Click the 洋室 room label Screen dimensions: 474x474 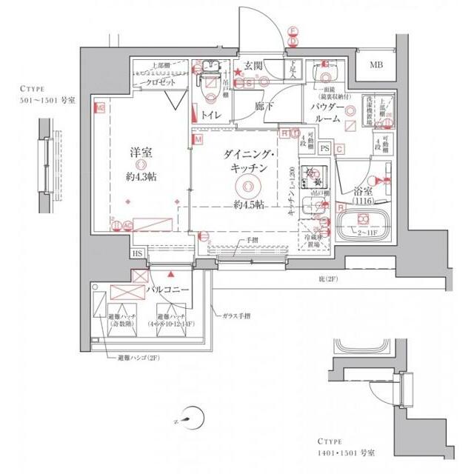(142, 153)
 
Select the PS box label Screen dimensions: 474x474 (325, 148)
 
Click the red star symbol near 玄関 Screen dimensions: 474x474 (238, 73)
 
